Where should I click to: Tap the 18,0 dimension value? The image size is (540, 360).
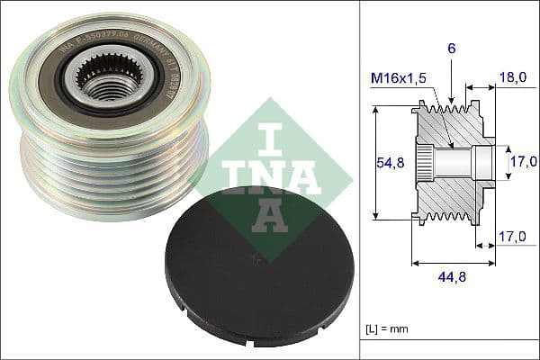pos(514,78)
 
